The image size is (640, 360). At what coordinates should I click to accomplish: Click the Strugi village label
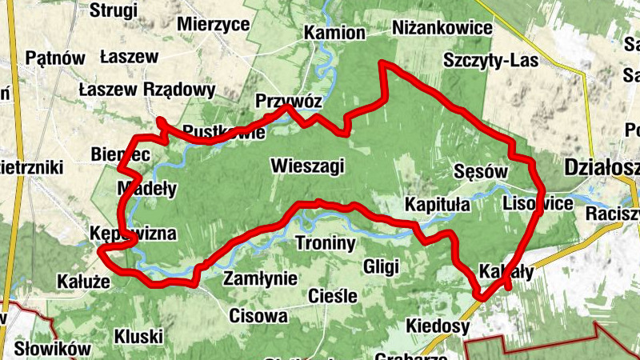114,10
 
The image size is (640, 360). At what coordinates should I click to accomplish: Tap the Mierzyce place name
214,24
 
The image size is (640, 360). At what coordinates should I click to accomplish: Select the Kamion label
334,34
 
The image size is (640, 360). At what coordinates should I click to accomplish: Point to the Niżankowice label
442,29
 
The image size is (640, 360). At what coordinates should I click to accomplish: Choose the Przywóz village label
289,102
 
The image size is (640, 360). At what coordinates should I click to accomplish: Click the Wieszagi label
307,166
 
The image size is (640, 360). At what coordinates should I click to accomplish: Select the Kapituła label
438,203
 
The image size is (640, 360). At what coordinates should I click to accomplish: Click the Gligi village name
381,266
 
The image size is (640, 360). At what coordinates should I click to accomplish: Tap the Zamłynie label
261,279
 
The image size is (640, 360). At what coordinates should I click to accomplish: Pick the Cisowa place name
258,316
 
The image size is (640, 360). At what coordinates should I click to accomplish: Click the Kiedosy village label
438,326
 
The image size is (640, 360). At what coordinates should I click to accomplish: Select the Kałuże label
83,282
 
